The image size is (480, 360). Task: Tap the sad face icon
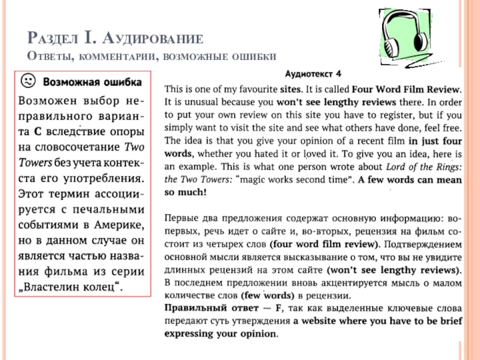point(28,80)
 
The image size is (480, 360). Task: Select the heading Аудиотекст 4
point(312,74)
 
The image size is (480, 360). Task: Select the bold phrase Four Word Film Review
point(406,89)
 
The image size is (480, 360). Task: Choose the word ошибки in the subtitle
point(251,56)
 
